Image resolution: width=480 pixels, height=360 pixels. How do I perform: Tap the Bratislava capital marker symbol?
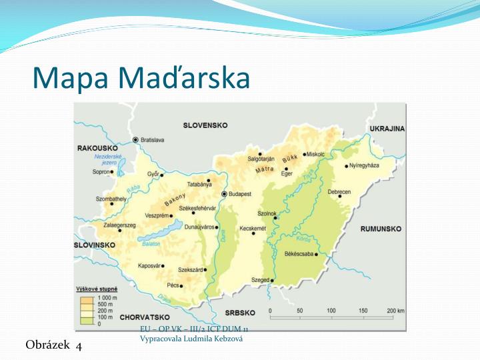click(x=136, y=140)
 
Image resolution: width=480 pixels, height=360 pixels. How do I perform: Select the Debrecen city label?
click(x=339, y=192)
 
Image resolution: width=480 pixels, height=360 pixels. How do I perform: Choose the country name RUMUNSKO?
click(x=381, y=229)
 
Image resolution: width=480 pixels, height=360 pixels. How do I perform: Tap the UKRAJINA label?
click(x=387, y=129)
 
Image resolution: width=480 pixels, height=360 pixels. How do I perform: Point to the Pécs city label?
click(x=173, y=285)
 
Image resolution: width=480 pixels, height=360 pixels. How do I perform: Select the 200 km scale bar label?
click(x=395, y=311)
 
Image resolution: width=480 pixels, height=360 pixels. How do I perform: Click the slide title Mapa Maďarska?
click(x=141, y=77)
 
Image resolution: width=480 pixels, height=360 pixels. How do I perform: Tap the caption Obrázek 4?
click(x=53, y=345)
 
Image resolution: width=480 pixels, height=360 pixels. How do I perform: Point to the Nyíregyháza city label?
click(x=365, y=165)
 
